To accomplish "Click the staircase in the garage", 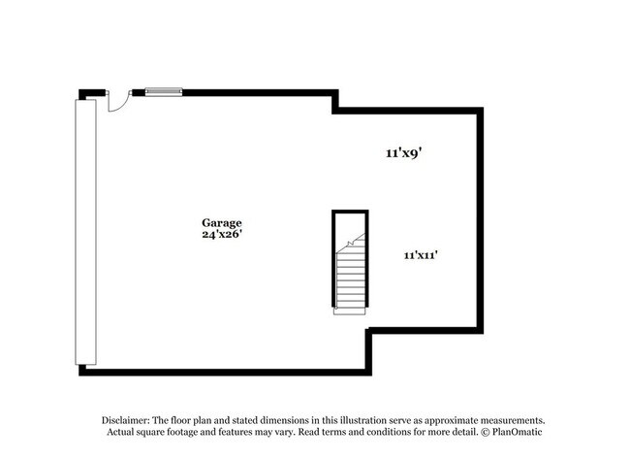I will coord(349,277).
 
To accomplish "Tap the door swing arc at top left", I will coord(117,101).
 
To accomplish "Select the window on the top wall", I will coord(164,92).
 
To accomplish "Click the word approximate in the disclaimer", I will coord(454,419).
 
